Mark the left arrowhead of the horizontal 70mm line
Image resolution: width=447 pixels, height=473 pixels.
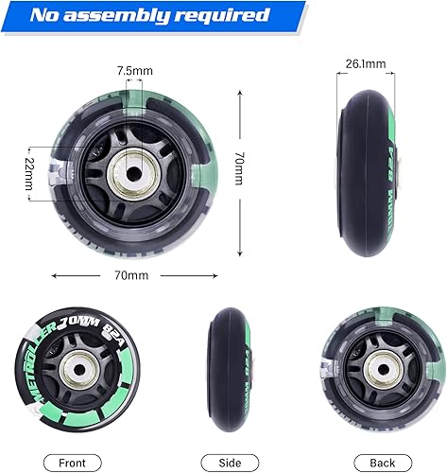pos(53,276)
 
